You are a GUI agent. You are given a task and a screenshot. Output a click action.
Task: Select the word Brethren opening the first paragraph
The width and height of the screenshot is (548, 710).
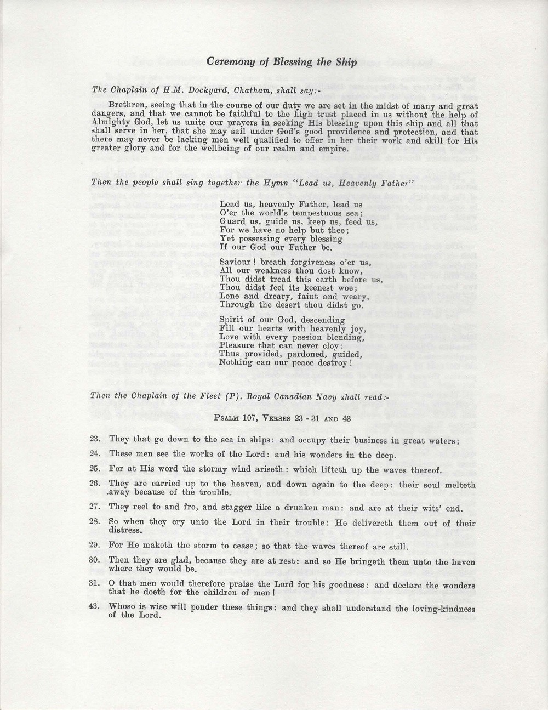point(127,105)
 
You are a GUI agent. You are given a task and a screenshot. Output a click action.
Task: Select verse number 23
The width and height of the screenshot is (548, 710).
point(93,439)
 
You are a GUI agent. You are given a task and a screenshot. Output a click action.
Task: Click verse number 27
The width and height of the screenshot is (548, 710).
point(93,507)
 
